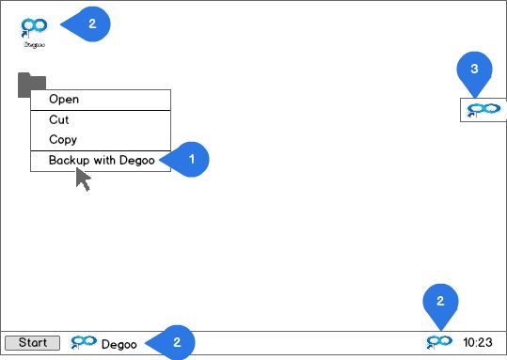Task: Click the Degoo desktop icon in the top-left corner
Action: click(33, 27)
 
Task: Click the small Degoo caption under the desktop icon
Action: click(34, 43)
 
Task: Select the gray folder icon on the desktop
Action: click(30, 84)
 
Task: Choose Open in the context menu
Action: click(64, 100)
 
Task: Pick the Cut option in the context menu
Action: click(59, 120)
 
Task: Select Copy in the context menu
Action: click(63, 140)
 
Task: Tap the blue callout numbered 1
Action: click(191, 160)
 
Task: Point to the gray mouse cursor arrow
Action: click(83, 180)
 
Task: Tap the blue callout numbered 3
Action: click(474, 70)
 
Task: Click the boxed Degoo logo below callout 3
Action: click(483, 109)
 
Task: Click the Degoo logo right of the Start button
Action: click(84, 343)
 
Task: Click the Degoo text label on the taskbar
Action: click(119, 344)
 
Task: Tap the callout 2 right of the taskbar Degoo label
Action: click(177, 343)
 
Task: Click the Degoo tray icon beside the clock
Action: click(438, 343)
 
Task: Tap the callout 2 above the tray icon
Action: click(439, 302)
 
